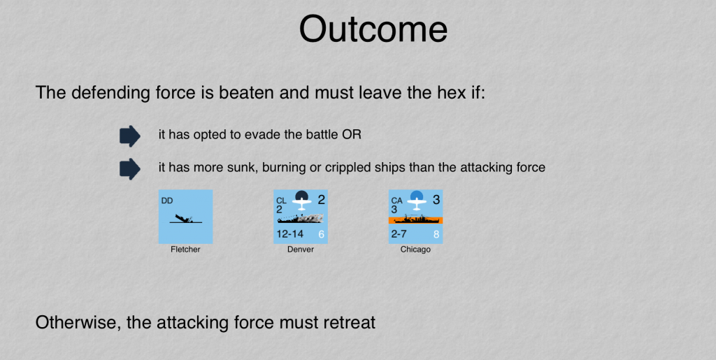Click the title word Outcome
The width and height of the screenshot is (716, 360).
point(373,29)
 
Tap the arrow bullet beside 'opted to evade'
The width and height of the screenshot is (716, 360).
point(130,136)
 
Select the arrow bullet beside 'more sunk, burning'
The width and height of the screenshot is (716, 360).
point(130,169)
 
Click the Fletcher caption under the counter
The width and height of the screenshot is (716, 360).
point(185,250)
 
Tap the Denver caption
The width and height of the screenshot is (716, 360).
point(301,250)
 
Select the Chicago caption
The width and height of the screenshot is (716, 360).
point(415,250)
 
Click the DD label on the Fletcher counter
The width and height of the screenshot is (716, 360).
point(167,201)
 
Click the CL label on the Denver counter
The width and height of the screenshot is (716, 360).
point(282,201)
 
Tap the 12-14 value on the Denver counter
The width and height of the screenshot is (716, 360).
point(290,234)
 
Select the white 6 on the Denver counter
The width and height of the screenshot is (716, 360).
point(321,235)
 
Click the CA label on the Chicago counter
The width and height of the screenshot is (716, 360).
point(397,201)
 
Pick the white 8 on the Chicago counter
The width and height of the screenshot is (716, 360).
point(436,235)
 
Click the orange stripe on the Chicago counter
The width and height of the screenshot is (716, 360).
point(415,220)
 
